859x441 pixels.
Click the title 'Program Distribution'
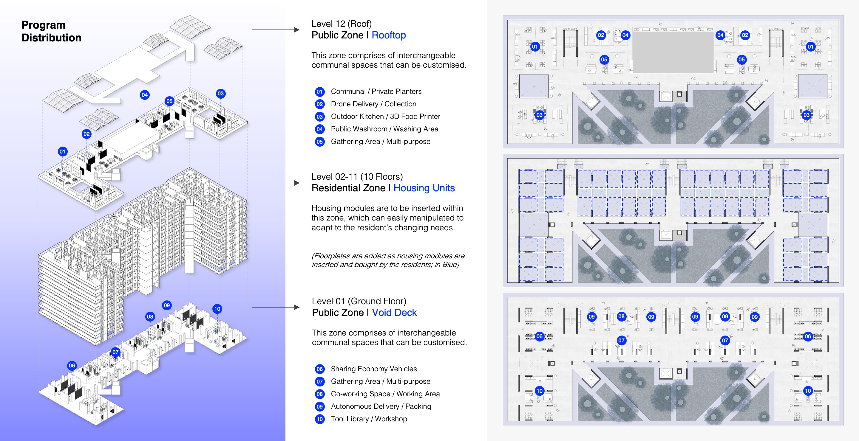coord(51,31)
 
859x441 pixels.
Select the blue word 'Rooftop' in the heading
coord(388,35)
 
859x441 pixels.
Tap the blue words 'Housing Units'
coord(424,188)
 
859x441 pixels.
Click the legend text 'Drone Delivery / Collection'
coord(373,104)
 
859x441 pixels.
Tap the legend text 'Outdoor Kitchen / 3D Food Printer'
coord(385,117)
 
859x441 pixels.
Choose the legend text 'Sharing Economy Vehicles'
coord(373,369)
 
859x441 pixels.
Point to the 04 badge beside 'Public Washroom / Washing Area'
coord(319,129)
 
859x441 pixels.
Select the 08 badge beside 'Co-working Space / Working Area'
coord(319,394)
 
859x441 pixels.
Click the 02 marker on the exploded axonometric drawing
coord(87,134)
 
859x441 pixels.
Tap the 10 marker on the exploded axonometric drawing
coord(217,309)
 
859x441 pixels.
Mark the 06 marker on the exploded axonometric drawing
coord(72,365)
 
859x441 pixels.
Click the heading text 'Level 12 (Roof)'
coord(342,24)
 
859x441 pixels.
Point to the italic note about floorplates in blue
coord(388,260)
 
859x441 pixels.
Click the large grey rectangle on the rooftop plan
coord(673,52)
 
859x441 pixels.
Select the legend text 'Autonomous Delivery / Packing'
coord(381,406)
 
